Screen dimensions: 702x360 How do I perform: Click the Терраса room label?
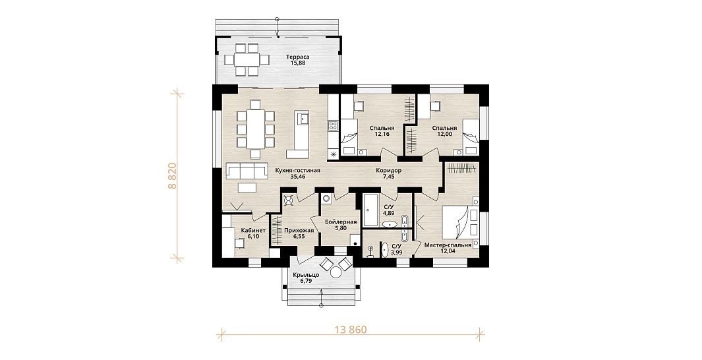(x=298, y=57)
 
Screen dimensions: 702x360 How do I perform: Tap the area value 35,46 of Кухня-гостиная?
(x=299, y=177)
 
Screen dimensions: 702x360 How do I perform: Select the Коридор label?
(x=389, y=170)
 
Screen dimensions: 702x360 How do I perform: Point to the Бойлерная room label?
(x=341, y=222)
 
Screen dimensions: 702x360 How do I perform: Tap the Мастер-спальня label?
(x=448, y=245)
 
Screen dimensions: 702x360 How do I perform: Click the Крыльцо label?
(x=307, y=275)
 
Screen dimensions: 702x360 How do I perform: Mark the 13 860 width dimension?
(x=351, y=330)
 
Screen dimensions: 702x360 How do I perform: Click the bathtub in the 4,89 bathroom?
(x=370, y=210)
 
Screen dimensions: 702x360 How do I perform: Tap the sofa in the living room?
(x=244, y=171)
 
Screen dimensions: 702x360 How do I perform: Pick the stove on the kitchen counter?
(x=333, y=126)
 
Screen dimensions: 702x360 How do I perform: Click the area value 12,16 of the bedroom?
(x=379, y=134)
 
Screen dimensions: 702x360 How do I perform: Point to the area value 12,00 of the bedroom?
(x=442, y=134)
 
